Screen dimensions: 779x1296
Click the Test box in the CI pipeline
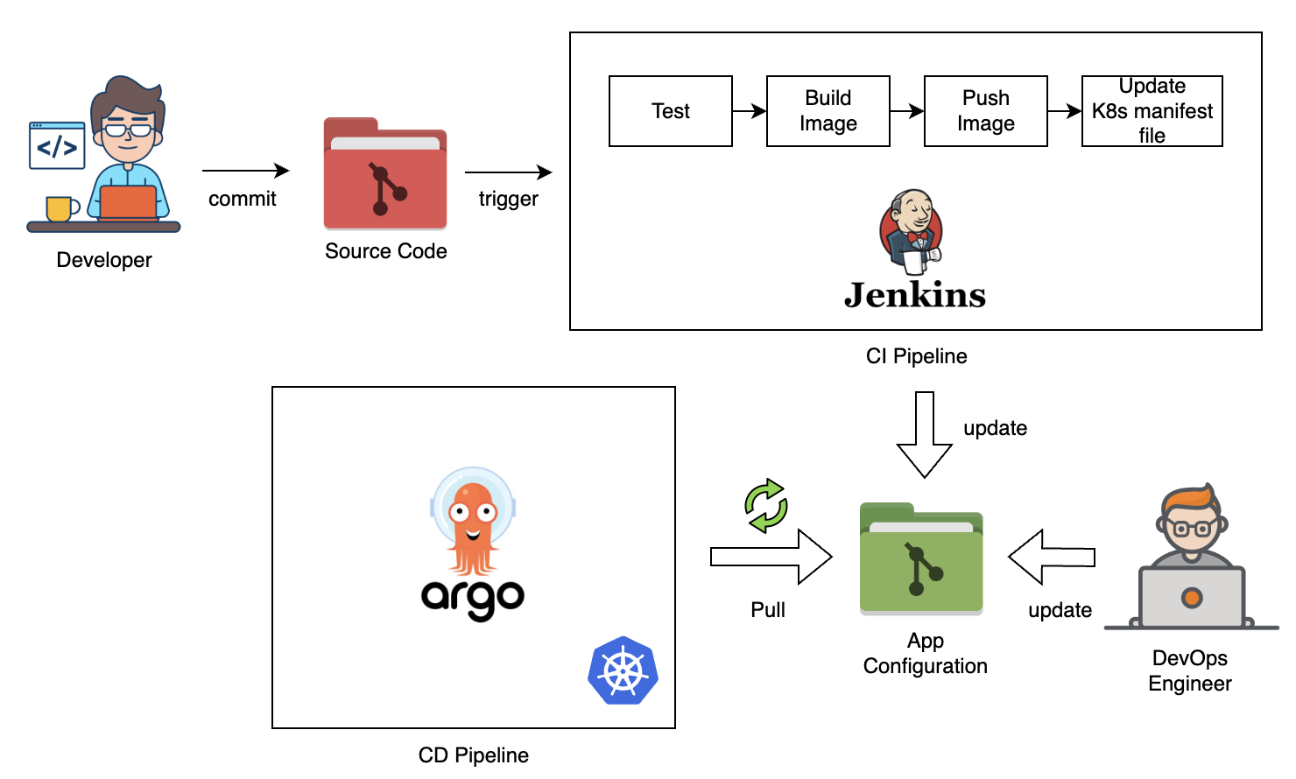pyautogui.click(x=670, y=111)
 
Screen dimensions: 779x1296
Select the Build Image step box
pyautogui.click(x=828, y=111)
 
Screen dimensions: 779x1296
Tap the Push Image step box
pyautogui.click(x=985, y=111)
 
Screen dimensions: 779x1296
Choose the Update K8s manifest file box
pyautogui.click(x=1152, y=111)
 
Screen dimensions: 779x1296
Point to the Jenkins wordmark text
pyautogui.click(x=915, y=295)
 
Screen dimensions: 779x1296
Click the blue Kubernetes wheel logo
pyautogui.click(x=623, y=670)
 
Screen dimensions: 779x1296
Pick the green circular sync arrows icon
pyautogui.click(x=766, y=505)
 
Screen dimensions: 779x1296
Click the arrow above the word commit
pyautogui.click(x=245, y=171)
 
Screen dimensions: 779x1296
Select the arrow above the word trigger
pyautogui.click(x=508, y=172)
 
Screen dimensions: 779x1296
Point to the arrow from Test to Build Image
pyautogui.click(x=750, y=111)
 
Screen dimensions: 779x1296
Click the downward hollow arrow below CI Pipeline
pyautogui.click(x=925, y=434)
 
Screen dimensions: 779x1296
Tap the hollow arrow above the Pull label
pyautogui.click(x=771, y=557)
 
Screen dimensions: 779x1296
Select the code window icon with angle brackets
pyautogui.click(x=57, y=145)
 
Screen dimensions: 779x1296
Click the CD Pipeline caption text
pyautogui.click(x=474, y=755)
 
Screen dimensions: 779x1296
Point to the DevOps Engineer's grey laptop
pyautogui.click(x=1191, y=597)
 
